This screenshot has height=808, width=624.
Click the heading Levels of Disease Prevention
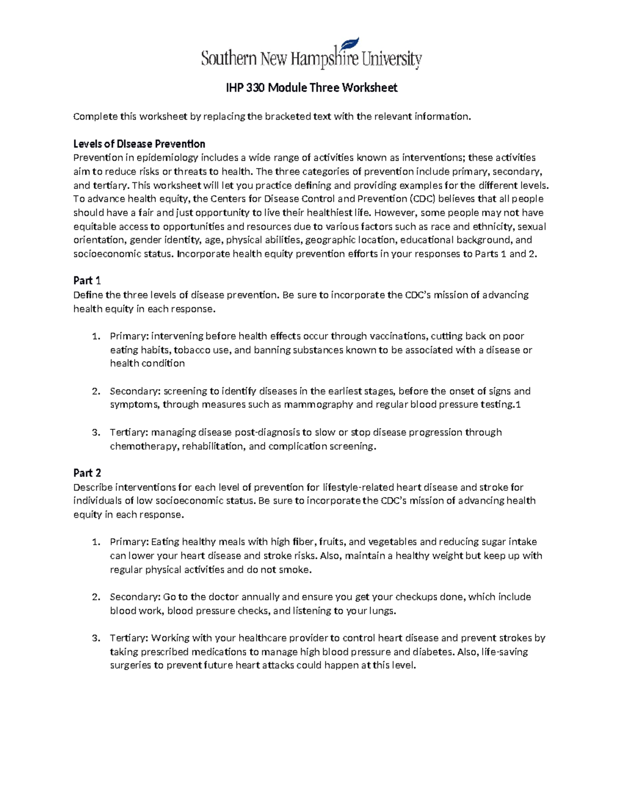[x=139, y=144]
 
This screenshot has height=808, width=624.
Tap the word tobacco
[x=193, y=350]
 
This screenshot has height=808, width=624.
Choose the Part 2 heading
[x=87, y=473]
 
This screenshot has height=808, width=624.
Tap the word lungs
[x=382, y=610]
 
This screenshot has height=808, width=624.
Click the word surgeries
[x=130, y=665]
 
